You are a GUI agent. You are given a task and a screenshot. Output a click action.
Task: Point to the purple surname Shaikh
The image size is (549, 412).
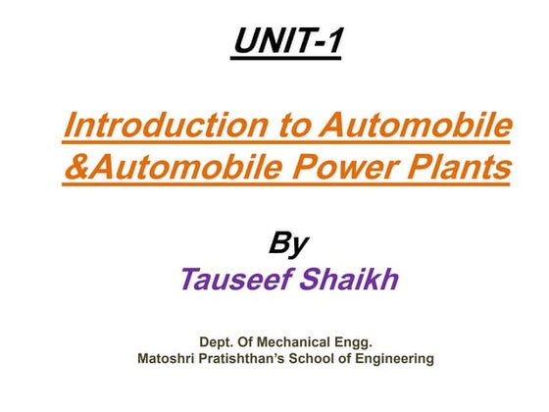pyautogui.click(x=352, y=280)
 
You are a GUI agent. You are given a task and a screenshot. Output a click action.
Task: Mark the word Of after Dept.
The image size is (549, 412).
pyautogui.click(x=253, y=342)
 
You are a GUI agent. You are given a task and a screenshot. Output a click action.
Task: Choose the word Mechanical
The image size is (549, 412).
pyautogui.click(x=303, y=342)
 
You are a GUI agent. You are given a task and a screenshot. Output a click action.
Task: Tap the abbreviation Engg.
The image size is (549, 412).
pyautogui.click(x=358, y=342)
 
